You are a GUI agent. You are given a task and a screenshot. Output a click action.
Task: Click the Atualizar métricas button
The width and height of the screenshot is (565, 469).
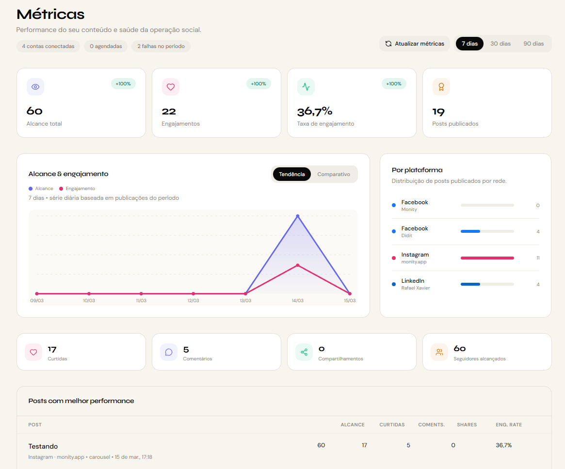click(x=415, y=44)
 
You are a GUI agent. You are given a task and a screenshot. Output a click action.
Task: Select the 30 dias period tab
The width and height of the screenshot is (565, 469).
click(x=500, y=44)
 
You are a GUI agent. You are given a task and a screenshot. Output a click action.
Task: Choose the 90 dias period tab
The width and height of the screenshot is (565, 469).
click(x=533, y=44)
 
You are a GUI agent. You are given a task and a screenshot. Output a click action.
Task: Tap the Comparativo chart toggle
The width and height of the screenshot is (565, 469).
click(x=334, y=174)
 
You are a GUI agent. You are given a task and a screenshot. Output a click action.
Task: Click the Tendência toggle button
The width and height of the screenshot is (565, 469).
click(x=292, y=174)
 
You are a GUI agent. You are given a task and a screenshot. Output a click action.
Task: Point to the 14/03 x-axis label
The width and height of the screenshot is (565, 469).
click(x=297, y=301)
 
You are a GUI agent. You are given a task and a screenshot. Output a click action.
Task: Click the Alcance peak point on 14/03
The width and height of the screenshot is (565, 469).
click(x=297, y=216)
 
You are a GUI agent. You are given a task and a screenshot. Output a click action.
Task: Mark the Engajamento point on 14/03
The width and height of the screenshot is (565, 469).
click(x=297, y=265)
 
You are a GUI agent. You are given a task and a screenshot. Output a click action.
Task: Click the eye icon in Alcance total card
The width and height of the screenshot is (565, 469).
click(x=35, y=87)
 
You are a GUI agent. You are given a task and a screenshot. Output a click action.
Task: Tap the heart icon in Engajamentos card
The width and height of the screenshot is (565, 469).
click(x=171, y=87)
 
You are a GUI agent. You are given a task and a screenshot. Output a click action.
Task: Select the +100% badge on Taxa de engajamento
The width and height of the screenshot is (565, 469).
click(x=394, y=84)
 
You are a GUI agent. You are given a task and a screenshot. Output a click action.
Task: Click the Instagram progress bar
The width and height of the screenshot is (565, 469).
click(x=487, y=258)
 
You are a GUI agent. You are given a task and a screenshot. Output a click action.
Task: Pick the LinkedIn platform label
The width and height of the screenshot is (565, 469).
click(x=413, y=281)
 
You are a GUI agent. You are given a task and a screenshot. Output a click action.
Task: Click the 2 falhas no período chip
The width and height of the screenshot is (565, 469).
click(x=161, y=47)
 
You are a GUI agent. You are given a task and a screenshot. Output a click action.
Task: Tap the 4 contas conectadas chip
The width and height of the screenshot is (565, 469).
click(x=48, y=47)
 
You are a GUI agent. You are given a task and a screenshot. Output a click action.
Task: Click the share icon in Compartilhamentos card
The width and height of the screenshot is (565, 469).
click(x=304, y=352)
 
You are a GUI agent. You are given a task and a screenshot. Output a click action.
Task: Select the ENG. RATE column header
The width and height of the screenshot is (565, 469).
click(x=509, y=425)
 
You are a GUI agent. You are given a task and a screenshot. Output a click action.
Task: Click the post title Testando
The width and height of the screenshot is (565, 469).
click(x=43, y=446)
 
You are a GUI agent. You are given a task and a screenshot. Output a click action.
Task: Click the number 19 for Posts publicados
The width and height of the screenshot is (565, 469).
click(x=438, y=113)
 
